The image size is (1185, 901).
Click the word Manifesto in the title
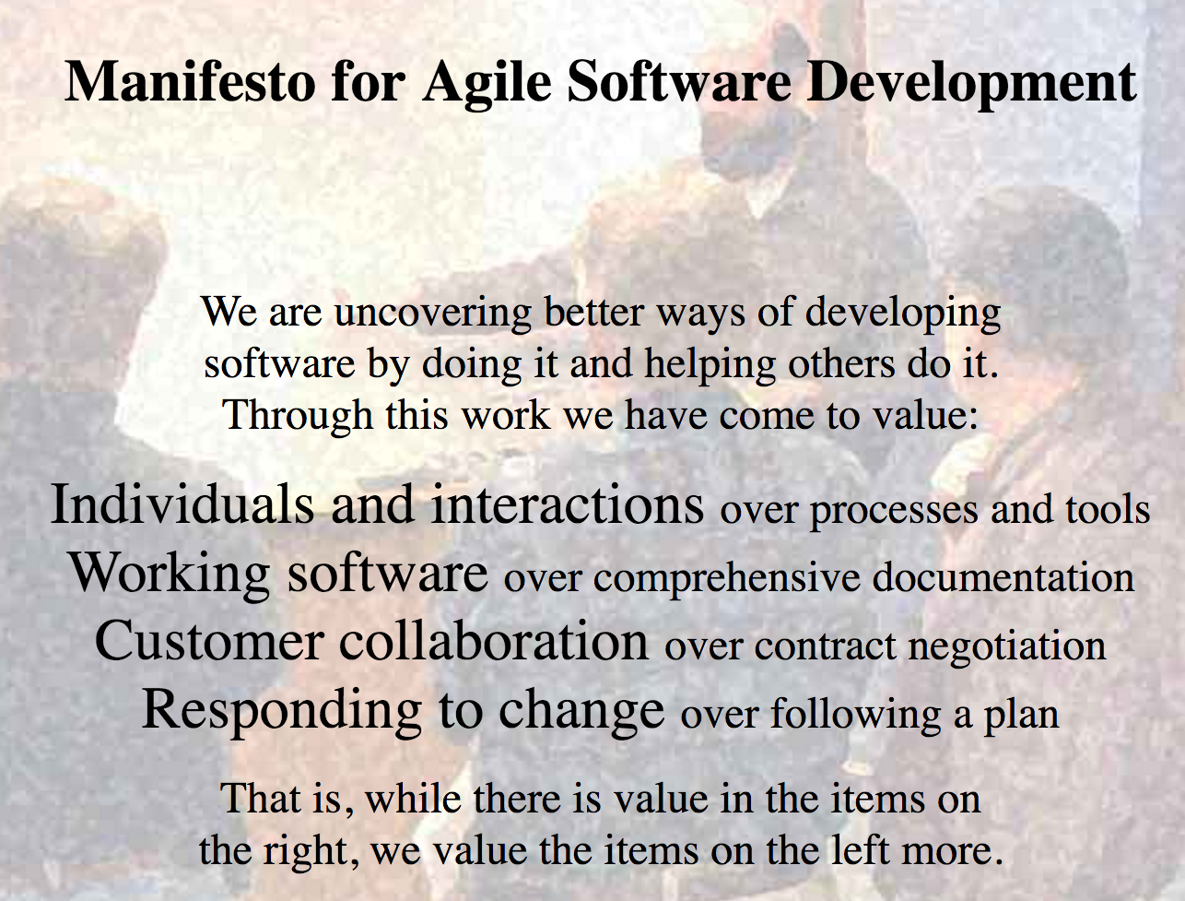(x=190, y=81)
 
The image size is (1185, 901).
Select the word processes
(x=894, y=512)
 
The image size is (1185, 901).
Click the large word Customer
(x=209, y=641)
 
